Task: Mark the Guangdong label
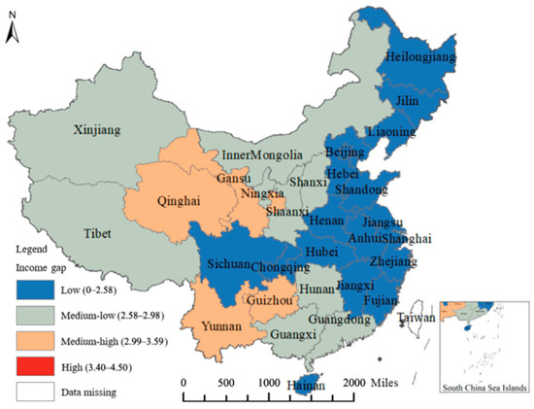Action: pyautogui.click(x=342, y=320)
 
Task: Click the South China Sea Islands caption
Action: pyautogui.click(x=483, y=387)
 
